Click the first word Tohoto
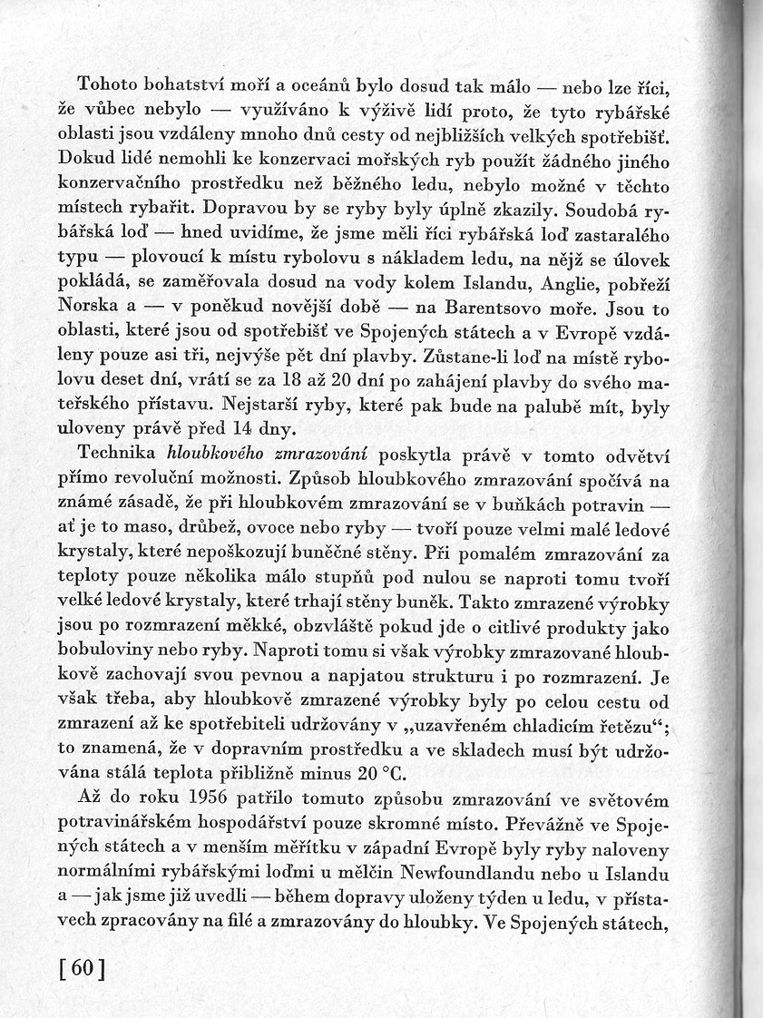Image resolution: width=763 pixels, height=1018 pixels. [x=112, y=86]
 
